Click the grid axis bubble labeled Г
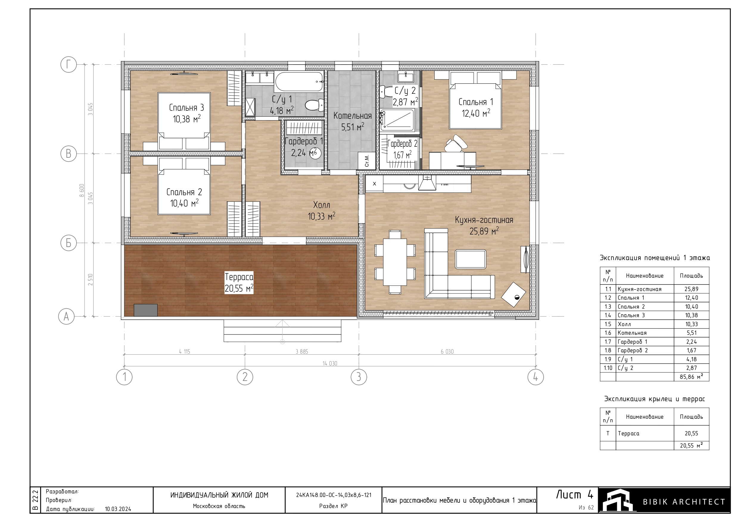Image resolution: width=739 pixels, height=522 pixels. (69, 65)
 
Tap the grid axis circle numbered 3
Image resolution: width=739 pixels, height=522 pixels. (359, 377)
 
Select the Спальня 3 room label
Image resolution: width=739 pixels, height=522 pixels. (186, 107)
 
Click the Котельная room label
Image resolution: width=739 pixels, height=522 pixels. (352, 115)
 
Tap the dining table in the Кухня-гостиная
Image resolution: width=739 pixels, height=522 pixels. (395, 262)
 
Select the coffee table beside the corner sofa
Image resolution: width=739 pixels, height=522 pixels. (471, 259)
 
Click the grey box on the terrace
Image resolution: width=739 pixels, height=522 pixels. (145, 310)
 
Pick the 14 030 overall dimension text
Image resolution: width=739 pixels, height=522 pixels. (330, 363)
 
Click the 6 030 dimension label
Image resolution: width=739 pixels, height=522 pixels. (447, 351)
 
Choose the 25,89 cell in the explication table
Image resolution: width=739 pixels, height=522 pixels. (691, 289)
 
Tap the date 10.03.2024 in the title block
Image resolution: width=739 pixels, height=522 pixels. (118, 509)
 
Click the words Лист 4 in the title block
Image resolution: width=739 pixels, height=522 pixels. (575, 495)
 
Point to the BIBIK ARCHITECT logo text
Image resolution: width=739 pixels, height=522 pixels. (684, 502)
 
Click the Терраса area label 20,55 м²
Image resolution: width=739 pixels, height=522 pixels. (239, 288)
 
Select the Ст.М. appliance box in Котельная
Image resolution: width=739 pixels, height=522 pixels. (367, 160)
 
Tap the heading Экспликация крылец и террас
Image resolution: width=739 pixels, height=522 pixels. (654, 399)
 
